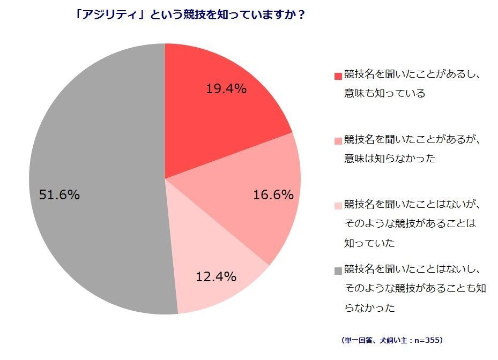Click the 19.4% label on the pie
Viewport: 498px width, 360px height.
click(x=226, y=89)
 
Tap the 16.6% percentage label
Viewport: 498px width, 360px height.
click(x=273, y=195)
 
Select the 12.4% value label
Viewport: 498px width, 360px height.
click(x=216, y=277)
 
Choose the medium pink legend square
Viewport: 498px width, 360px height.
click(x=338, y=141)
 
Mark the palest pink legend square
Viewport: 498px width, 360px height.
click(x=338, y=206)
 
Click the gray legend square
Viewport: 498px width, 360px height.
click(x=338, y=271)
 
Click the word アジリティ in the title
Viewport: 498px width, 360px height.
click(x=105, y=16)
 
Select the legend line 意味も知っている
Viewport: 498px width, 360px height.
click(x=384, y=93)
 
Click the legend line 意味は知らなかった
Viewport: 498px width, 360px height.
click(x=390, y=159)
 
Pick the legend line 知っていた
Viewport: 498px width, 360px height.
click(x=369, y=243)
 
